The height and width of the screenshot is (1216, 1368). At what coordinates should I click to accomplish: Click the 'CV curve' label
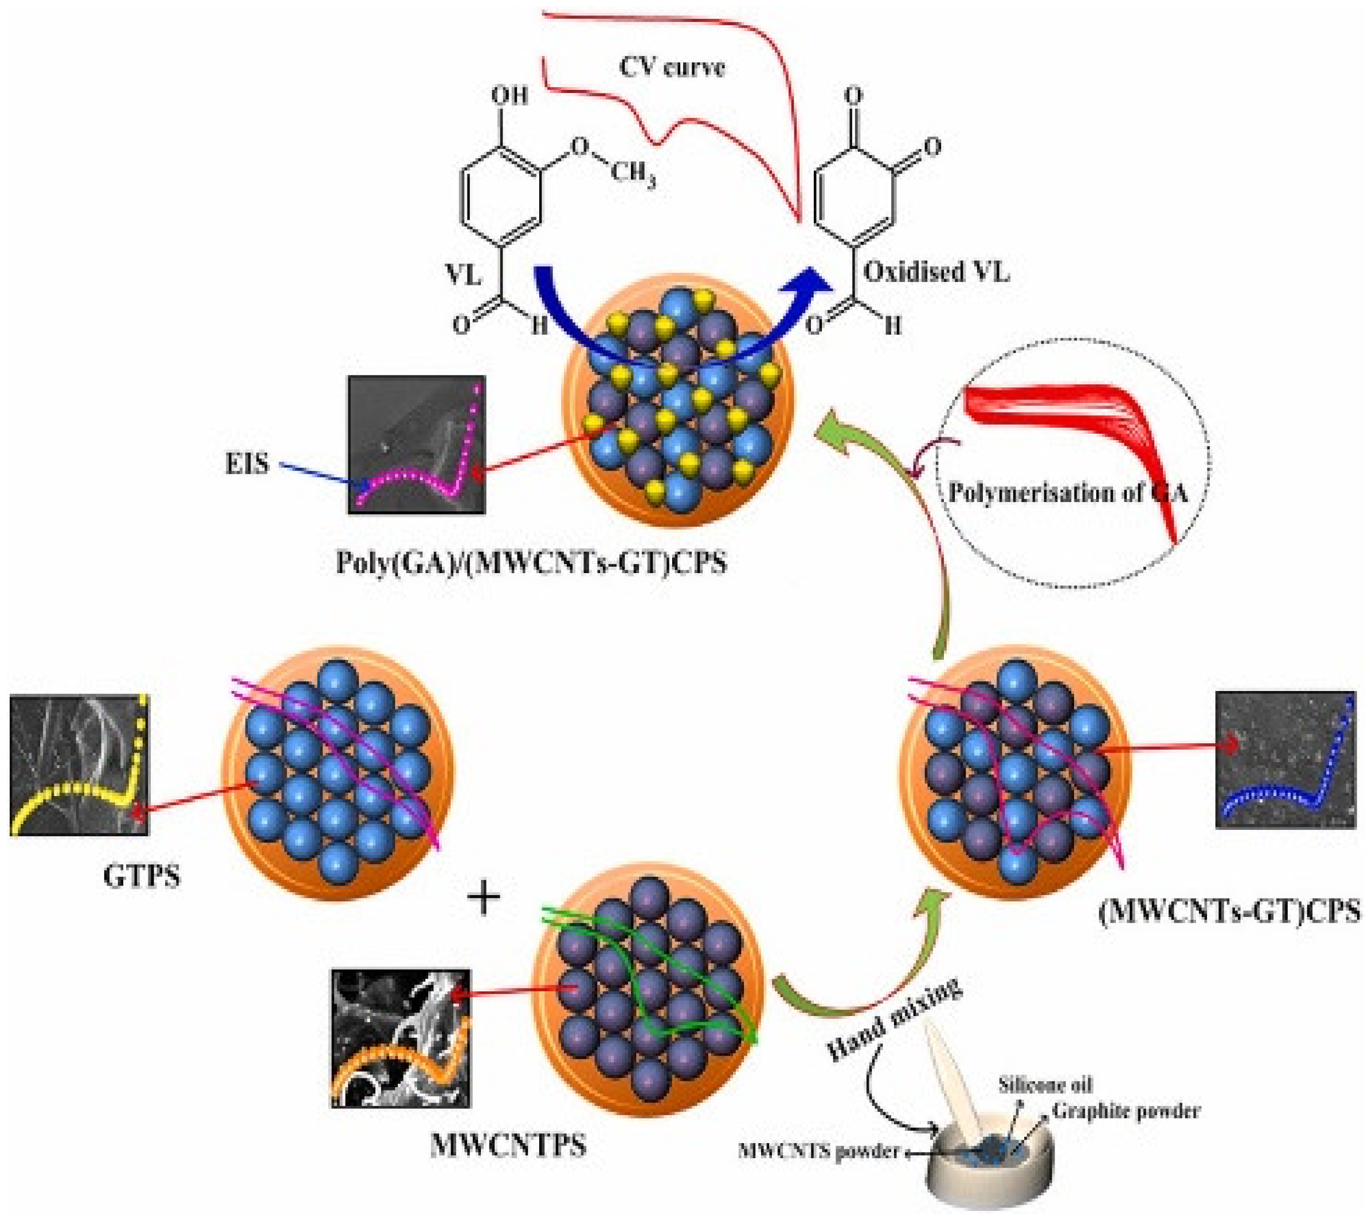pos(671,68)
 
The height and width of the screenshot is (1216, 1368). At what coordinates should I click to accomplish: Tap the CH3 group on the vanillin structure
pos(633,176)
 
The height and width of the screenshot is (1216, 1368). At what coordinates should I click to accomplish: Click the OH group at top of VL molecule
pos(510,95)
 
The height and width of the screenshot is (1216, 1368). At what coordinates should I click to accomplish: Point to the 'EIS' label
pos(247,463)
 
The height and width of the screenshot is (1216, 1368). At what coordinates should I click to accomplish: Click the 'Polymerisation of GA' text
pos(1068,493)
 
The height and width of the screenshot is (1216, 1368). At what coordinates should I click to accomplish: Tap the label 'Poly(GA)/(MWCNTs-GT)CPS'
pos(531,563)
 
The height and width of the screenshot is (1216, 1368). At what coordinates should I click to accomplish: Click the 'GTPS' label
pos(142,876)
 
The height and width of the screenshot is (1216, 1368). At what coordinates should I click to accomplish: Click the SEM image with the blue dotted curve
pos(1285,760)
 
